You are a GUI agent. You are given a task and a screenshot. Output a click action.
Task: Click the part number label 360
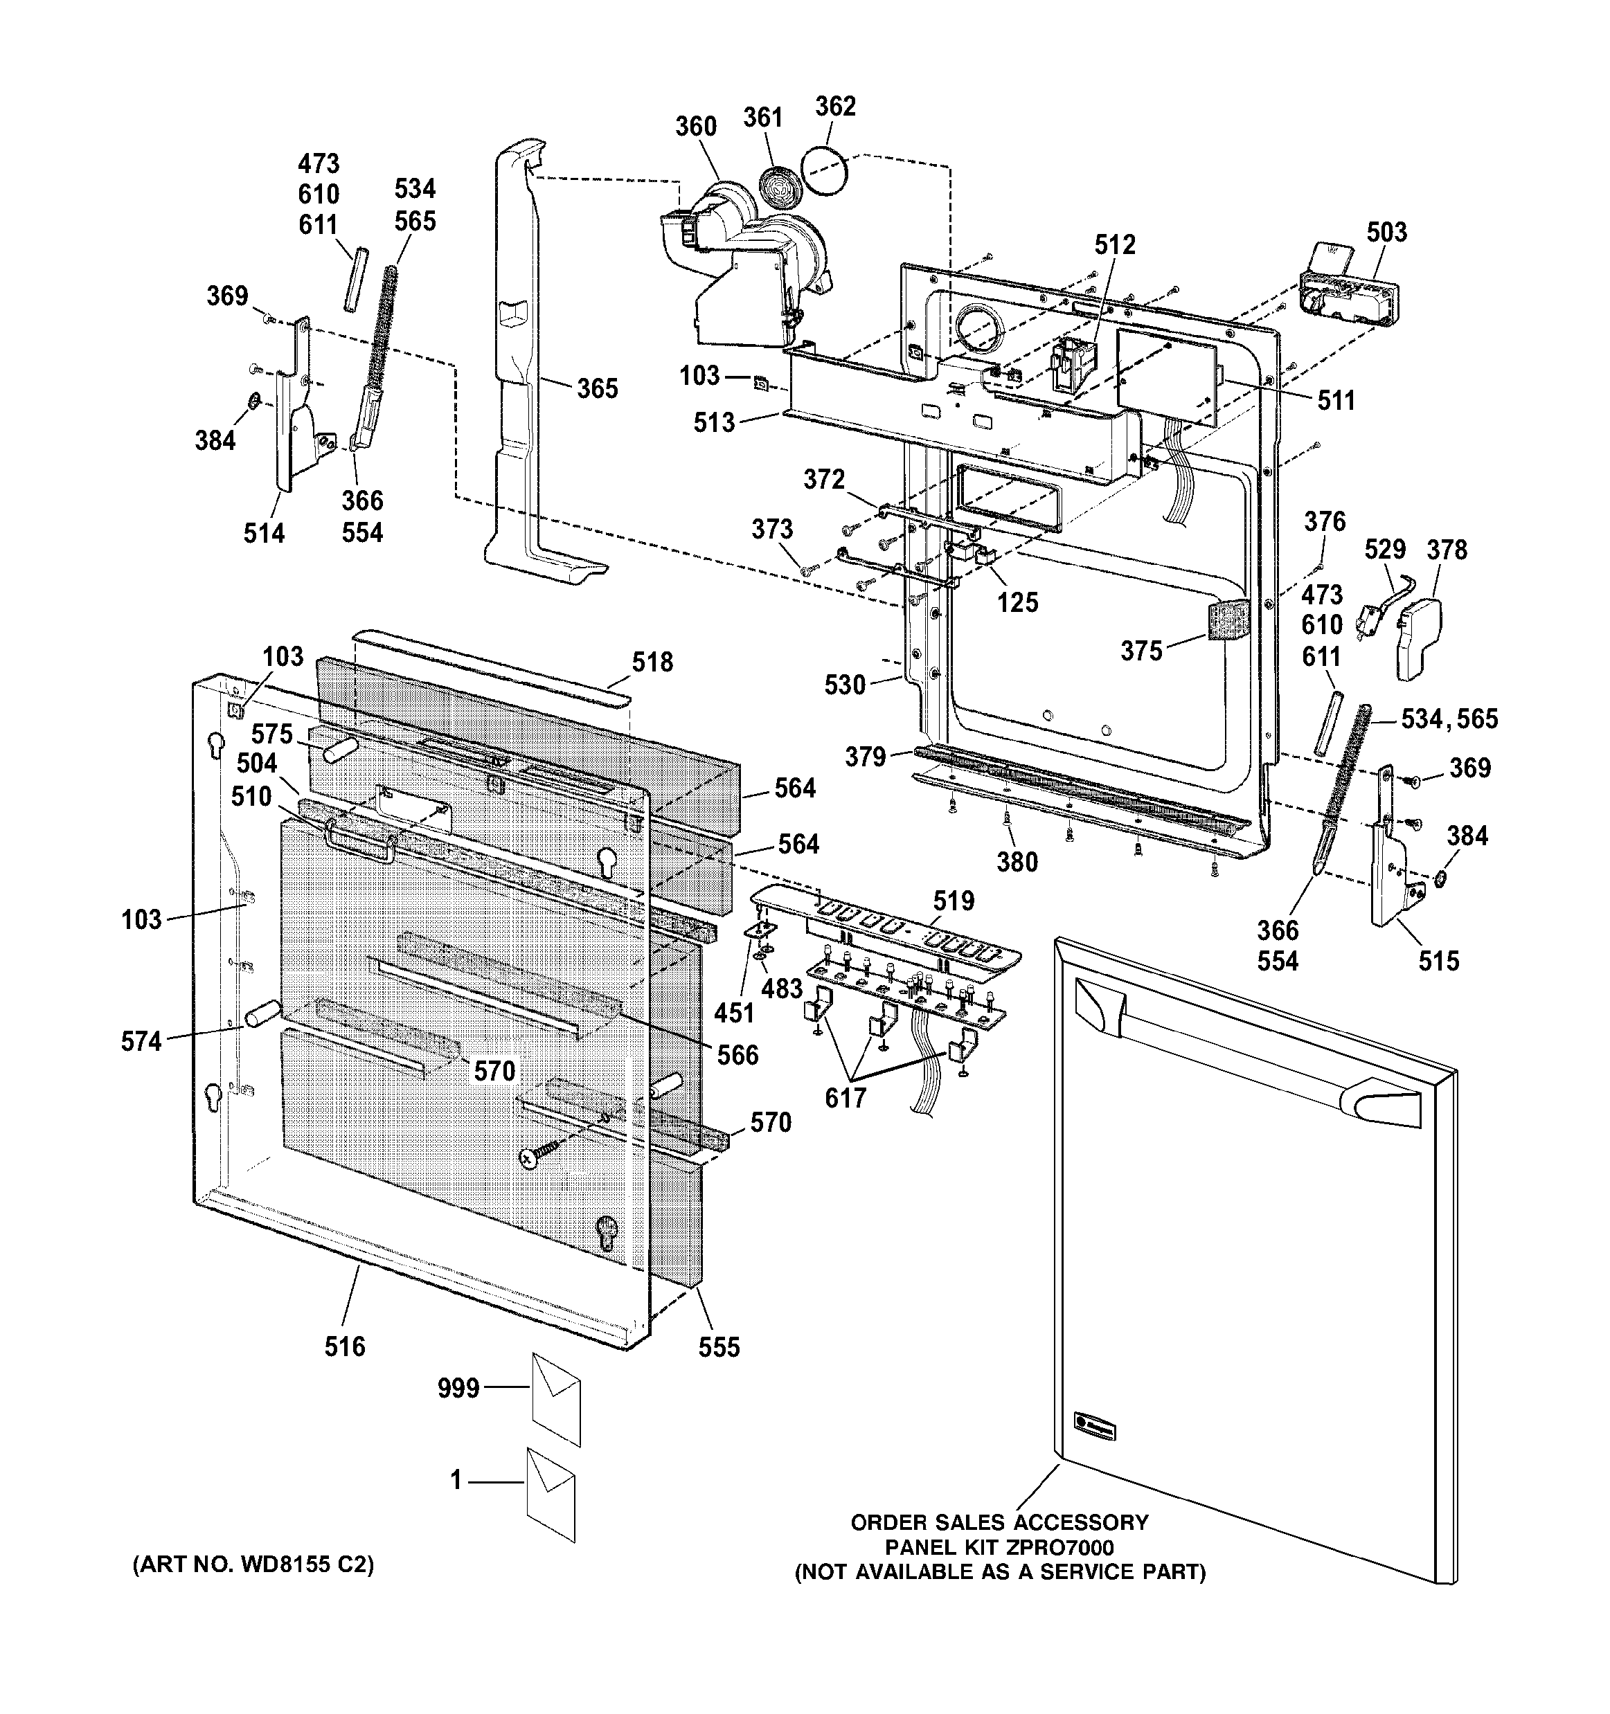(x=695, y=127)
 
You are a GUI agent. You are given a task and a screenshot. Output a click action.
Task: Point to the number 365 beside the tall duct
(x=598, y=389)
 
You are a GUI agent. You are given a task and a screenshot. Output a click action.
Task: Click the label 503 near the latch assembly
(x=1386, y=232)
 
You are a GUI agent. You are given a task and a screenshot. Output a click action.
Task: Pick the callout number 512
(x=1115, y=245)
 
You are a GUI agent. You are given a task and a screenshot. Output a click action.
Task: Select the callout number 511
(x=1336, y=400)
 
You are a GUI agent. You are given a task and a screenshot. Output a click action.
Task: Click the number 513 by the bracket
(x=714, y=422)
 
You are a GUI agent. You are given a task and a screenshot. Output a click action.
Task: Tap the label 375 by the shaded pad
(x=1142, y=651)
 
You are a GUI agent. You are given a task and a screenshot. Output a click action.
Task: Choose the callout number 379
(x=865, y=757)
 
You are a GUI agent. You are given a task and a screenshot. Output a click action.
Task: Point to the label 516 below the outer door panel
(x=345, y=1346)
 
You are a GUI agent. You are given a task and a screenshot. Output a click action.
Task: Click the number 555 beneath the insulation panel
(x=719, y=1346)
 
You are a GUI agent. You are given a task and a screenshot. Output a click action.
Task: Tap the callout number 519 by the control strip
(x=953, y=901)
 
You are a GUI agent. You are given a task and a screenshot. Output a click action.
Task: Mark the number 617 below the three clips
(x=845, y=1099)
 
